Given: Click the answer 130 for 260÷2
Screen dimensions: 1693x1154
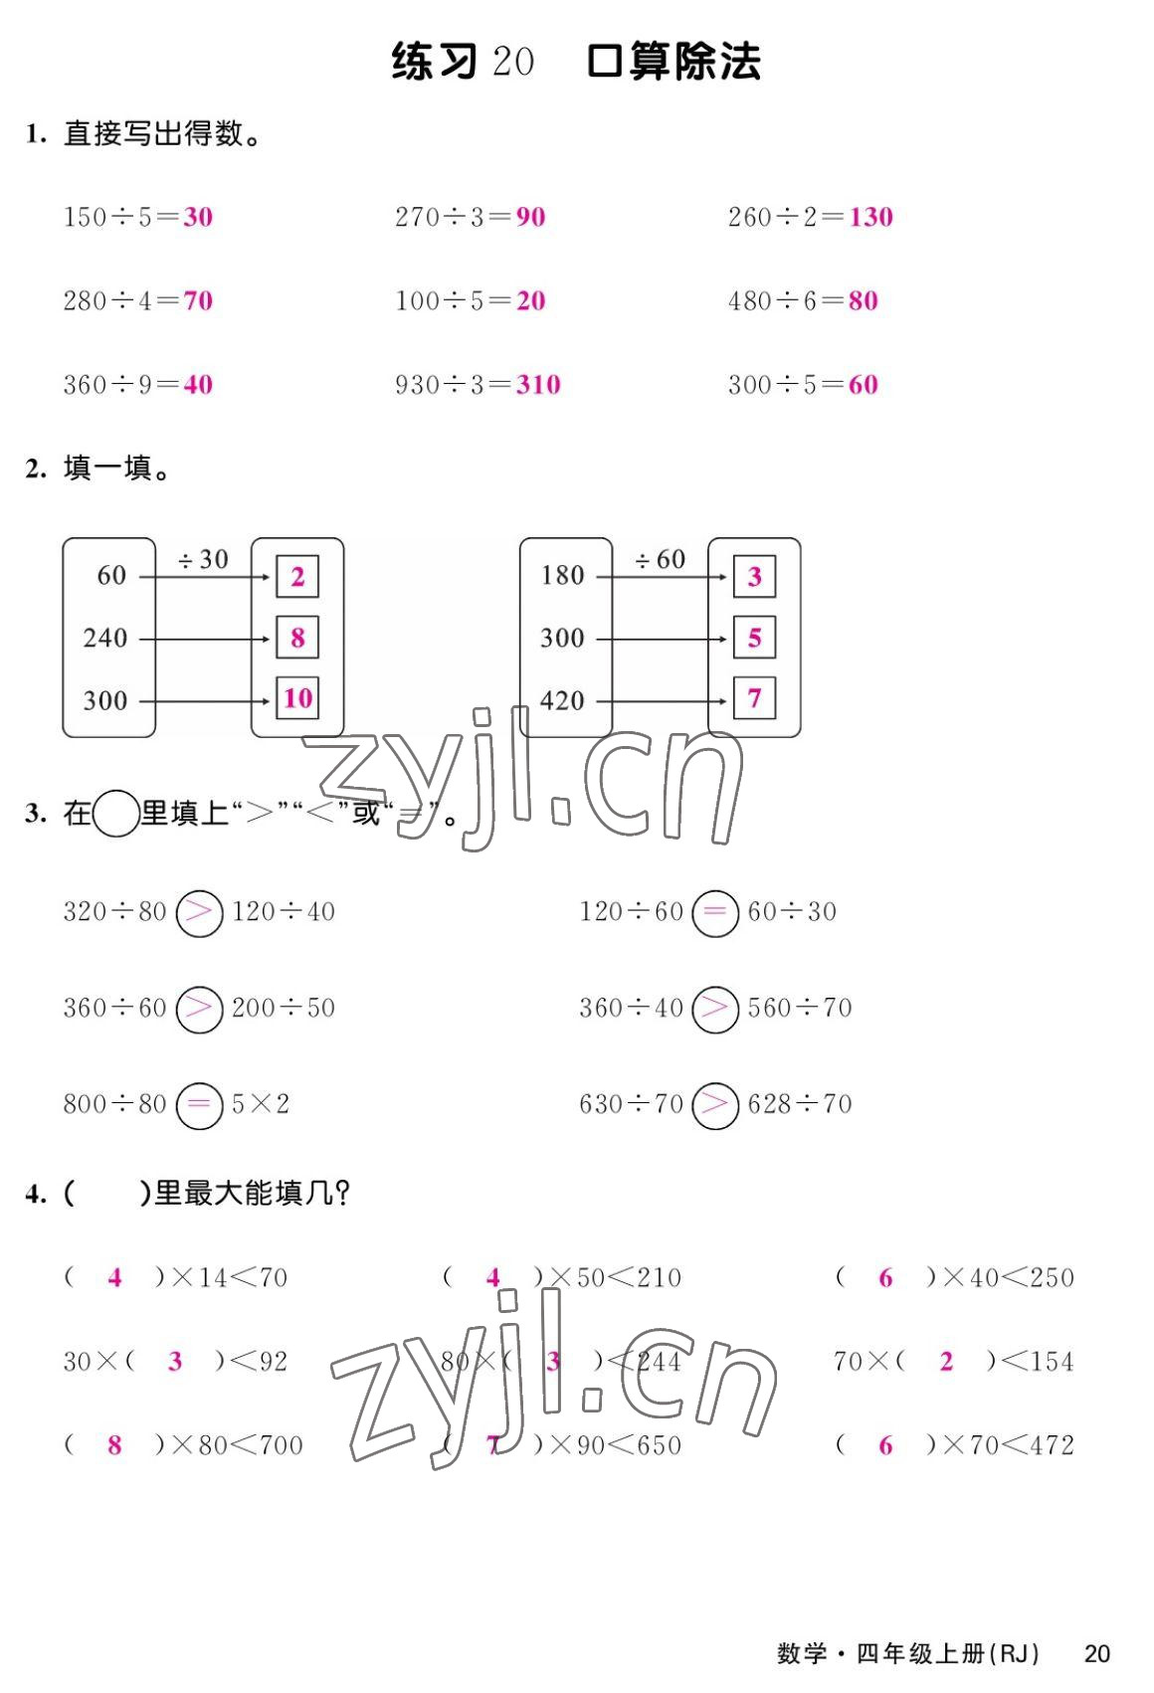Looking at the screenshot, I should click(x=870, y=217).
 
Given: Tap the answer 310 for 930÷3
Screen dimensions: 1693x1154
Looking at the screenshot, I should click(x=538, y=385).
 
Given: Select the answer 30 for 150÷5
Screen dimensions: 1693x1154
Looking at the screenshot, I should click(x=198, y=217).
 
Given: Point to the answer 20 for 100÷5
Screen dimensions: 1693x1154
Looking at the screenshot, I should click(x=530, y=300).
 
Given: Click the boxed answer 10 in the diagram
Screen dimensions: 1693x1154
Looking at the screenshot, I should click(x=297, y=698).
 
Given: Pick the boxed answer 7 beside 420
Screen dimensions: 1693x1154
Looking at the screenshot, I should click(x=754, y=698).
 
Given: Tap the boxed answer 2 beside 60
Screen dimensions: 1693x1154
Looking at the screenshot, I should click(x=297, y=577).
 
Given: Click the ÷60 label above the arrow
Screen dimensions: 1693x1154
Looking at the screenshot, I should click(x=661, y=560).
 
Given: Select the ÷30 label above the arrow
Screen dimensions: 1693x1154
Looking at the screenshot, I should click(x=203, y=560).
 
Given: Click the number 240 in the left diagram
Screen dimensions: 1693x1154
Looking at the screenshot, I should click(x=105, y=638).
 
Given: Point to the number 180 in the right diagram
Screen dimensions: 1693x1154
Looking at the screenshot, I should click(x=562, y=576).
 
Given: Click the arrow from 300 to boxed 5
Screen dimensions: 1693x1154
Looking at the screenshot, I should click(x=662, y=639).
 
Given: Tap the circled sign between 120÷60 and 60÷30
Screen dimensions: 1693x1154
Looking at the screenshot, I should click(x=715, y=912).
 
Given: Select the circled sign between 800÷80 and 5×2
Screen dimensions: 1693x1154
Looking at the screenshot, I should click(x=199, y=1105).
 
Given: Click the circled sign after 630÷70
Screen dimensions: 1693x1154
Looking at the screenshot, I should click(x=715, y=1105).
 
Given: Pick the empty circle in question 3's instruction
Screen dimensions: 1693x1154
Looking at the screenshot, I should click(x=115, y=814).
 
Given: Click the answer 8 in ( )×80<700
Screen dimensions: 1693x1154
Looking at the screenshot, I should click(x=114, y=1445).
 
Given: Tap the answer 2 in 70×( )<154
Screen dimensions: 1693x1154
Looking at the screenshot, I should click(x=946, y=1362).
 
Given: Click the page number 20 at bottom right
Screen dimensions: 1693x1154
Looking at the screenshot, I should click(x=1096, y=1654).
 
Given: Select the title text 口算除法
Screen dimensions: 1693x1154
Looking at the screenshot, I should click(x=673, y=62).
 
